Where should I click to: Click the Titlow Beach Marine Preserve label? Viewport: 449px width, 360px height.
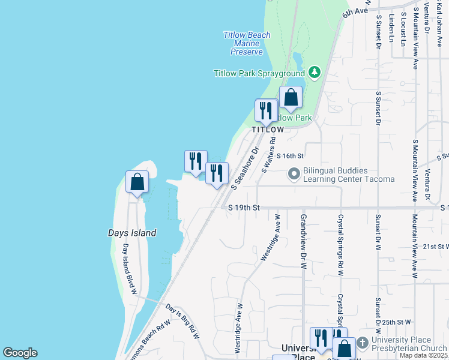coord(247,43)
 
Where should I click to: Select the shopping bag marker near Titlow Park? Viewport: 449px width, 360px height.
coord(291,98)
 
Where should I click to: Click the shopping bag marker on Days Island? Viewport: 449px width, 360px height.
coord(137,182)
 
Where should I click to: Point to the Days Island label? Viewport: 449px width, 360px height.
coord(132,233)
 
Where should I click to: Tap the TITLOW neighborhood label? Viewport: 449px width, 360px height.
coord(268,130)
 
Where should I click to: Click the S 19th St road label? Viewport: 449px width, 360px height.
coord(244,208)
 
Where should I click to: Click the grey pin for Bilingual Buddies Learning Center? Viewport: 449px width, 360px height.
coord(294,174)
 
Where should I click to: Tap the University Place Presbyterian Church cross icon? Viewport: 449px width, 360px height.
coord(362,343)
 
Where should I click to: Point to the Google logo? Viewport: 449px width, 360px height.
coord(20,353)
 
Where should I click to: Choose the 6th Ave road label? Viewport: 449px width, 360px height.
coord(355,13)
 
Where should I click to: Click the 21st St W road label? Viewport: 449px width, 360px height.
coord(436,246)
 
